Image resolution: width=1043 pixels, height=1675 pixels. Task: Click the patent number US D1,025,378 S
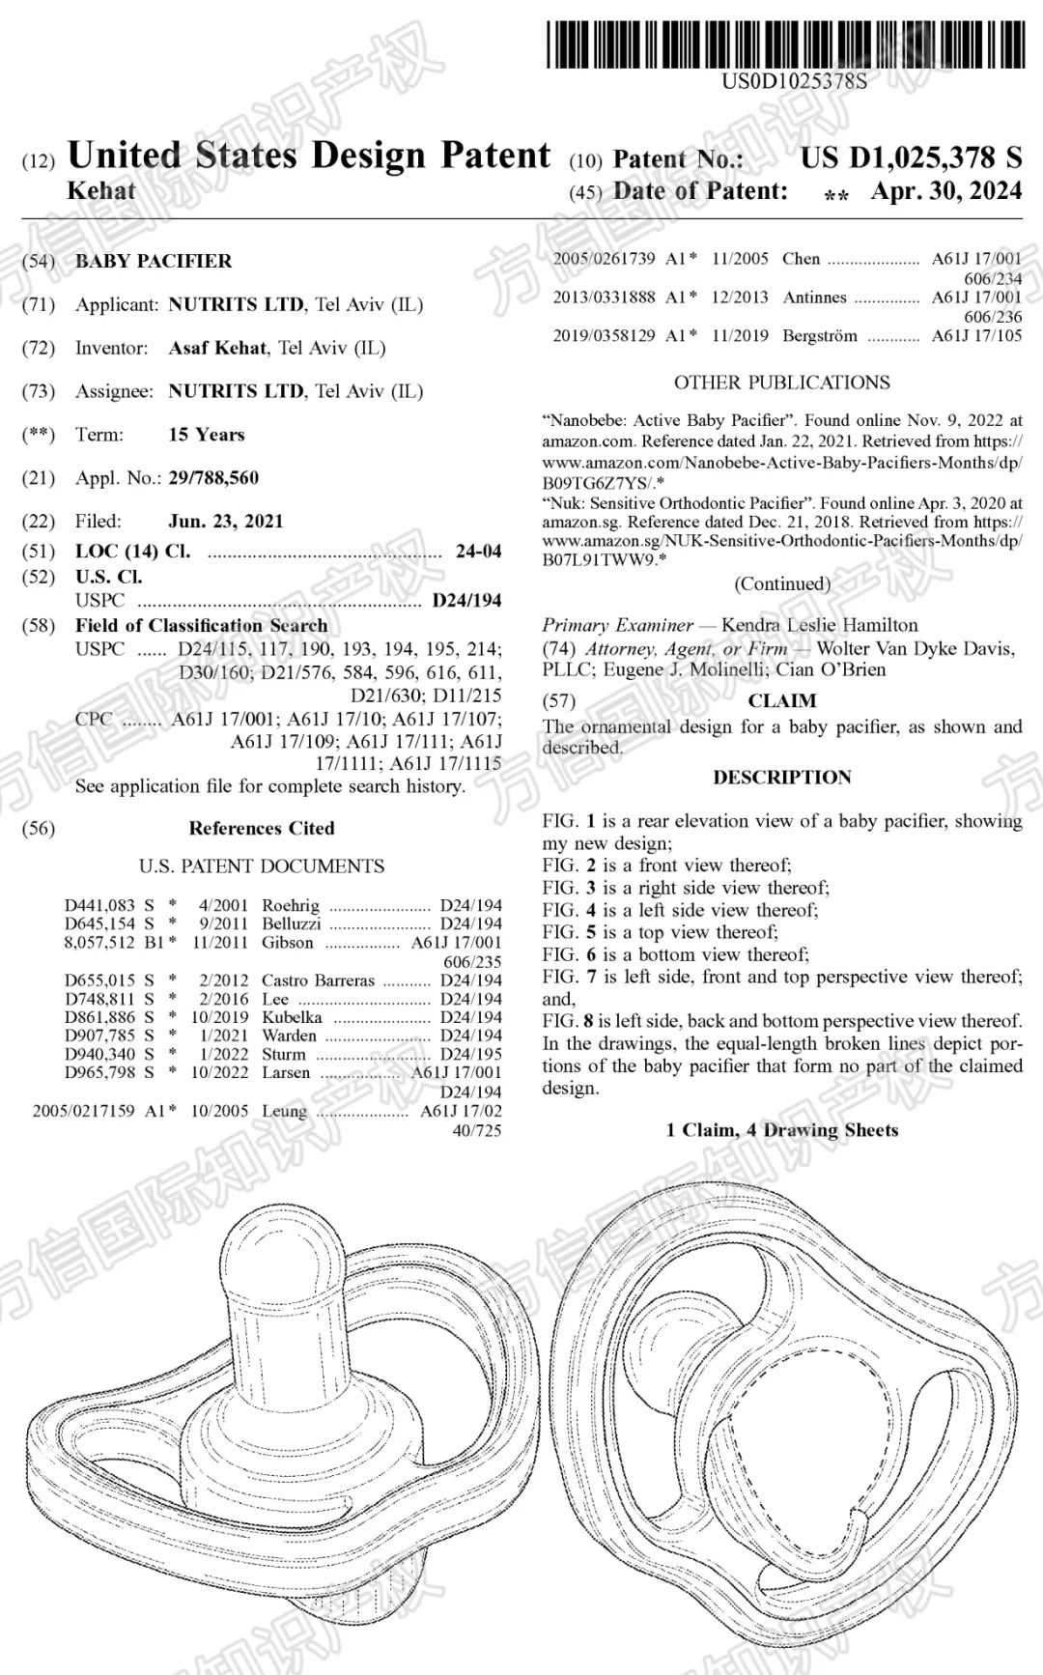pyautogui.click(x=911, y=157)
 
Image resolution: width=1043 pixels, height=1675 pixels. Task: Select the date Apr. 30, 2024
pyautogui.click(x=945, y=191)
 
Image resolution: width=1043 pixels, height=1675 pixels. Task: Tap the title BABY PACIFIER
pyautogui.click(x=154, y=261)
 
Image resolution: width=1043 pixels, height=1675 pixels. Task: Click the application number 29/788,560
pyautogui.click(x=213, y=477)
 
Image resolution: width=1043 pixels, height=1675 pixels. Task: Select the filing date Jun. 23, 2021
pyautogui.click(x=226, y=521)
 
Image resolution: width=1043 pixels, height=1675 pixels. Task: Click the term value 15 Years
pyautogui.click(x=207, y=435)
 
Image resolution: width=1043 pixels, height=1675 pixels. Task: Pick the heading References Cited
pyautogui.click(x=261, y=828)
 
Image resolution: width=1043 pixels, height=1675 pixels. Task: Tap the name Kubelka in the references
pyautogui.click(x=292, y=1017)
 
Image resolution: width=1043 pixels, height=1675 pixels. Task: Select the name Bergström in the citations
pyautogui.click(x=821, y=336)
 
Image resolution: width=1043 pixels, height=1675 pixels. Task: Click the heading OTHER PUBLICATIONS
pyautogui.click(x=782, y=383)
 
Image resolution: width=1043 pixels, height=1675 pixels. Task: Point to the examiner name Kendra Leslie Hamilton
pyautogui.click(x=820, y=625)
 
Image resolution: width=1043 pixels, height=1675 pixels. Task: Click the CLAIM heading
pyautogui.click(x=782, y=700)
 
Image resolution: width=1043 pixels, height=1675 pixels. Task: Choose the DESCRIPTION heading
pyautogui.click(x=782, y=778)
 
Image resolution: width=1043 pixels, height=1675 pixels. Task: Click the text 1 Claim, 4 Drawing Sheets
pyautogui.click(x=782, y=1130)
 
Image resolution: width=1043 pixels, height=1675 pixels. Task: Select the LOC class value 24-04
pyautogui.click(x=478, y=552)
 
